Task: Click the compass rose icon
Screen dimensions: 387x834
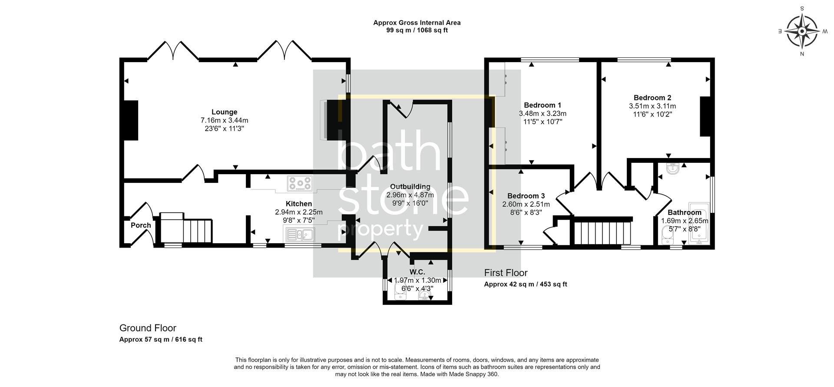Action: (x=802, y=31)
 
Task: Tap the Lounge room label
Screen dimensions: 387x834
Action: (x=224, y=112)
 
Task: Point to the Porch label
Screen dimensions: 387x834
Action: (x=141, y=225)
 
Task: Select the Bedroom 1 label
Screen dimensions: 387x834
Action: (x=542, y=105)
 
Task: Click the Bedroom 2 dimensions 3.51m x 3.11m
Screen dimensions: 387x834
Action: (x=652, y=106)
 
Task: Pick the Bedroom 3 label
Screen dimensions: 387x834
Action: (x=526, y=196)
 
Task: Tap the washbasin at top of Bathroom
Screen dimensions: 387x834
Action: (x=672, y=169)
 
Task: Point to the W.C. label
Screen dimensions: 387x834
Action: (x=417, y=272)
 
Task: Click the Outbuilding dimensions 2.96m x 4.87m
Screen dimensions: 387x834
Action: (x=410, y=195)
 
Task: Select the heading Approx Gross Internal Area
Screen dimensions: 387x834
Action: (x=417, y=23)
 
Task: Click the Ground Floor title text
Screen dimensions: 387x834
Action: (x=148, y=328)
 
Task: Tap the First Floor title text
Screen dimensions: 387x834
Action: (x=506, y=273)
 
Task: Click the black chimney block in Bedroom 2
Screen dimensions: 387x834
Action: (x=705, y=116)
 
